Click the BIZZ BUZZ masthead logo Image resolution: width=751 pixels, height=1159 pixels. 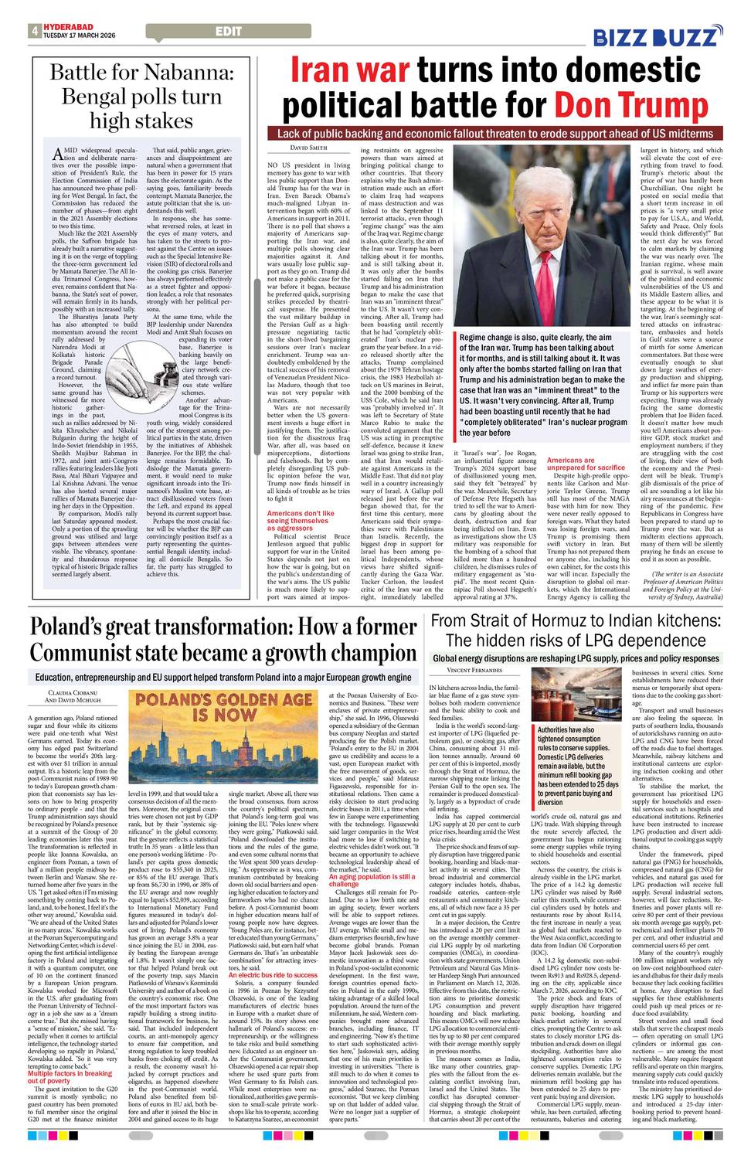tap(657, 36)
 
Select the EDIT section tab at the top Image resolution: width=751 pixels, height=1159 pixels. tap(229, 32)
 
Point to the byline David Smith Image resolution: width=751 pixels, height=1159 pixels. tap(287, 148)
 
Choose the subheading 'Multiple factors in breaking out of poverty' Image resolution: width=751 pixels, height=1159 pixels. tap(70, 1077)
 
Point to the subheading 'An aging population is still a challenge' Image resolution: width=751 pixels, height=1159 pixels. tap(372, 881)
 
